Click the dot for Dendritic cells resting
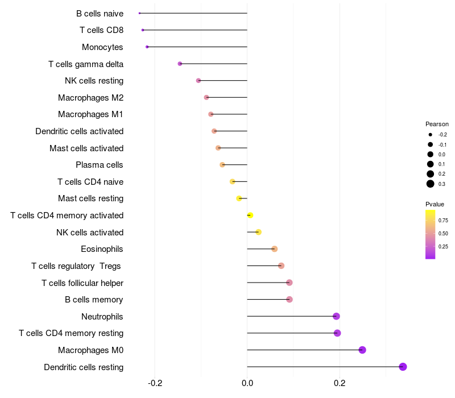coord(403,367)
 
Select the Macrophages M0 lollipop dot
coord(362,350)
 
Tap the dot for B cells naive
coord(139,13)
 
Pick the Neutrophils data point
coord(336,316)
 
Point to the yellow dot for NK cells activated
coord(258,232)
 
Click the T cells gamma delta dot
coord(180,64)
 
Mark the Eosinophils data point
coord(274,249)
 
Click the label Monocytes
coord(102,47)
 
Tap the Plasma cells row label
coord(99,165)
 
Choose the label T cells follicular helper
coord(82,283)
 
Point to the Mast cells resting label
coord(90,198)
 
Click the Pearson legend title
coord(437,124)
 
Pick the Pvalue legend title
coord(435,204)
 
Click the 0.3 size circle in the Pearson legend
coord(431,184)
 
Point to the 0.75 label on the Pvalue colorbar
coord(443,220)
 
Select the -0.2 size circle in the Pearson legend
coord(431,135)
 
